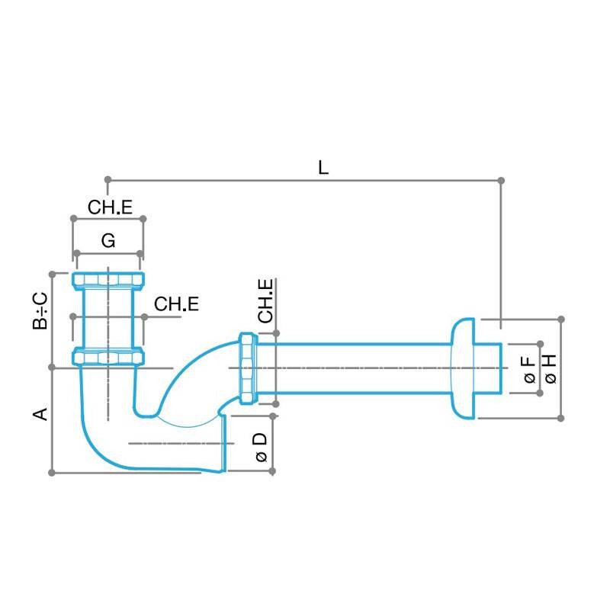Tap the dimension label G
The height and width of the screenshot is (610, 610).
pos(108,241)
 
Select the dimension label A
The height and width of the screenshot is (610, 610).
pos(41,414)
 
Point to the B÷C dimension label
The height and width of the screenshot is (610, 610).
pos(40,312)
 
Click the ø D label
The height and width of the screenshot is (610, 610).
pos(260,447)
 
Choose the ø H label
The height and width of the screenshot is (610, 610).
pos(550,368)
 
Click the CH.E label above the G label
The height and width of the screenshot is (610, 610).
pos(110,207)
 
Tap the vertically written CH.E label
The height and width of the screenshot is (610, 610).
pos(265,301)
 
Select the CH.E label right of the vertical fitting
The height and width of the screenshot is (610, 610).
pos(177,304)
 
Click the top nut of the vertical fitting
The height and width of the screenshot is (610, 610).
pos(108,278)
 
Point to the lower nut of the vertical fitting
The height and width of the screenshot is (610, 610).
pos(108,356)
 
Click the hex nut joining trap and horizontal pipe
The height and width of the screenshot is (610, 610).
pos(247,368)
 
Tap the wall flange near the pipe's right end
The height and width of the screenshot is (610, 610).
pos(462,368)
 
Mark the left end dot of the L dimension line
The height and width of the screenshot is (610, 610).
pos(108,180)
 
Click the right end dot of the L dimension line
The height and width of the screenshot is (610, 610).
pos(501,180)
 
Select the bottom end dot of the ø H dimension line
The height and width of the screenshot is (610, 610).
pos(561,418)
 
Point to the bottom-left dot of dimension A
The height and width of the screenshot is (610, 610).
pos(52,473)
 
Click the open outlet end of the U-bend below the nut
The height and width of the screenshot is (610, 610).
pos(225,442)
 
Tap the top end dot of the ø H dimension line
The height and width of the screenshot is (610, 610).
pos(561,318)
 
